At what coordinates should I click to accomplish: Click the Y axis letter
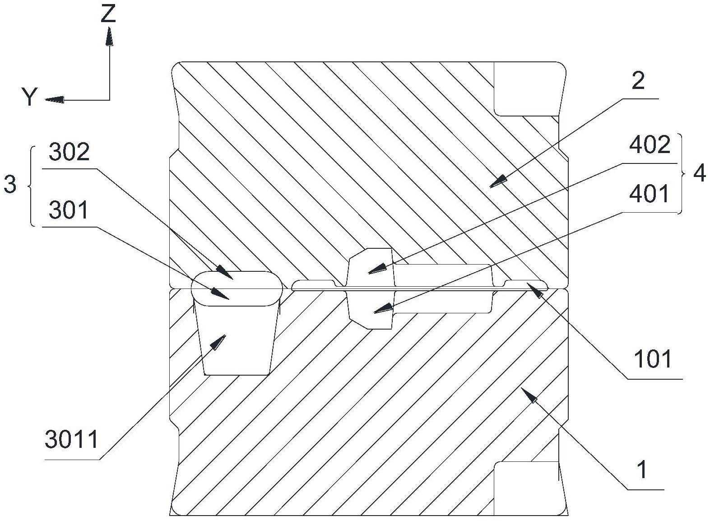30,97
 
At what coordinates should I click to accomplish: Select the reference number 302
69,153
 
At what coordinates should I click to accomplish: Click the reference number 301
69,211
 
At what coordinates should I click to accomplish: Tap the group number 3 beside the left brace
10,185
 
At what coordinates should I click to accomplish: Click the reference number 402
650,145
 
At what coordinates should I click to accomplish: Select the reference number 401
650,194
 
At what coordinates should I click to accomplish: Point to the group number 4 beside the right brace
699,173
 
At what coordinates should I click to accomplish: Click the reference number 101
653,359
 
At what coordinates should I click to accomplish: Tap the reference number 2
637,81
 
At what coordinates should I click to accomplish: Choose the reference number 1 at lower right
641,470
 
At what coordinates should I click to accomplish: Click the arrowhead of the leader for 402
376,270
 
